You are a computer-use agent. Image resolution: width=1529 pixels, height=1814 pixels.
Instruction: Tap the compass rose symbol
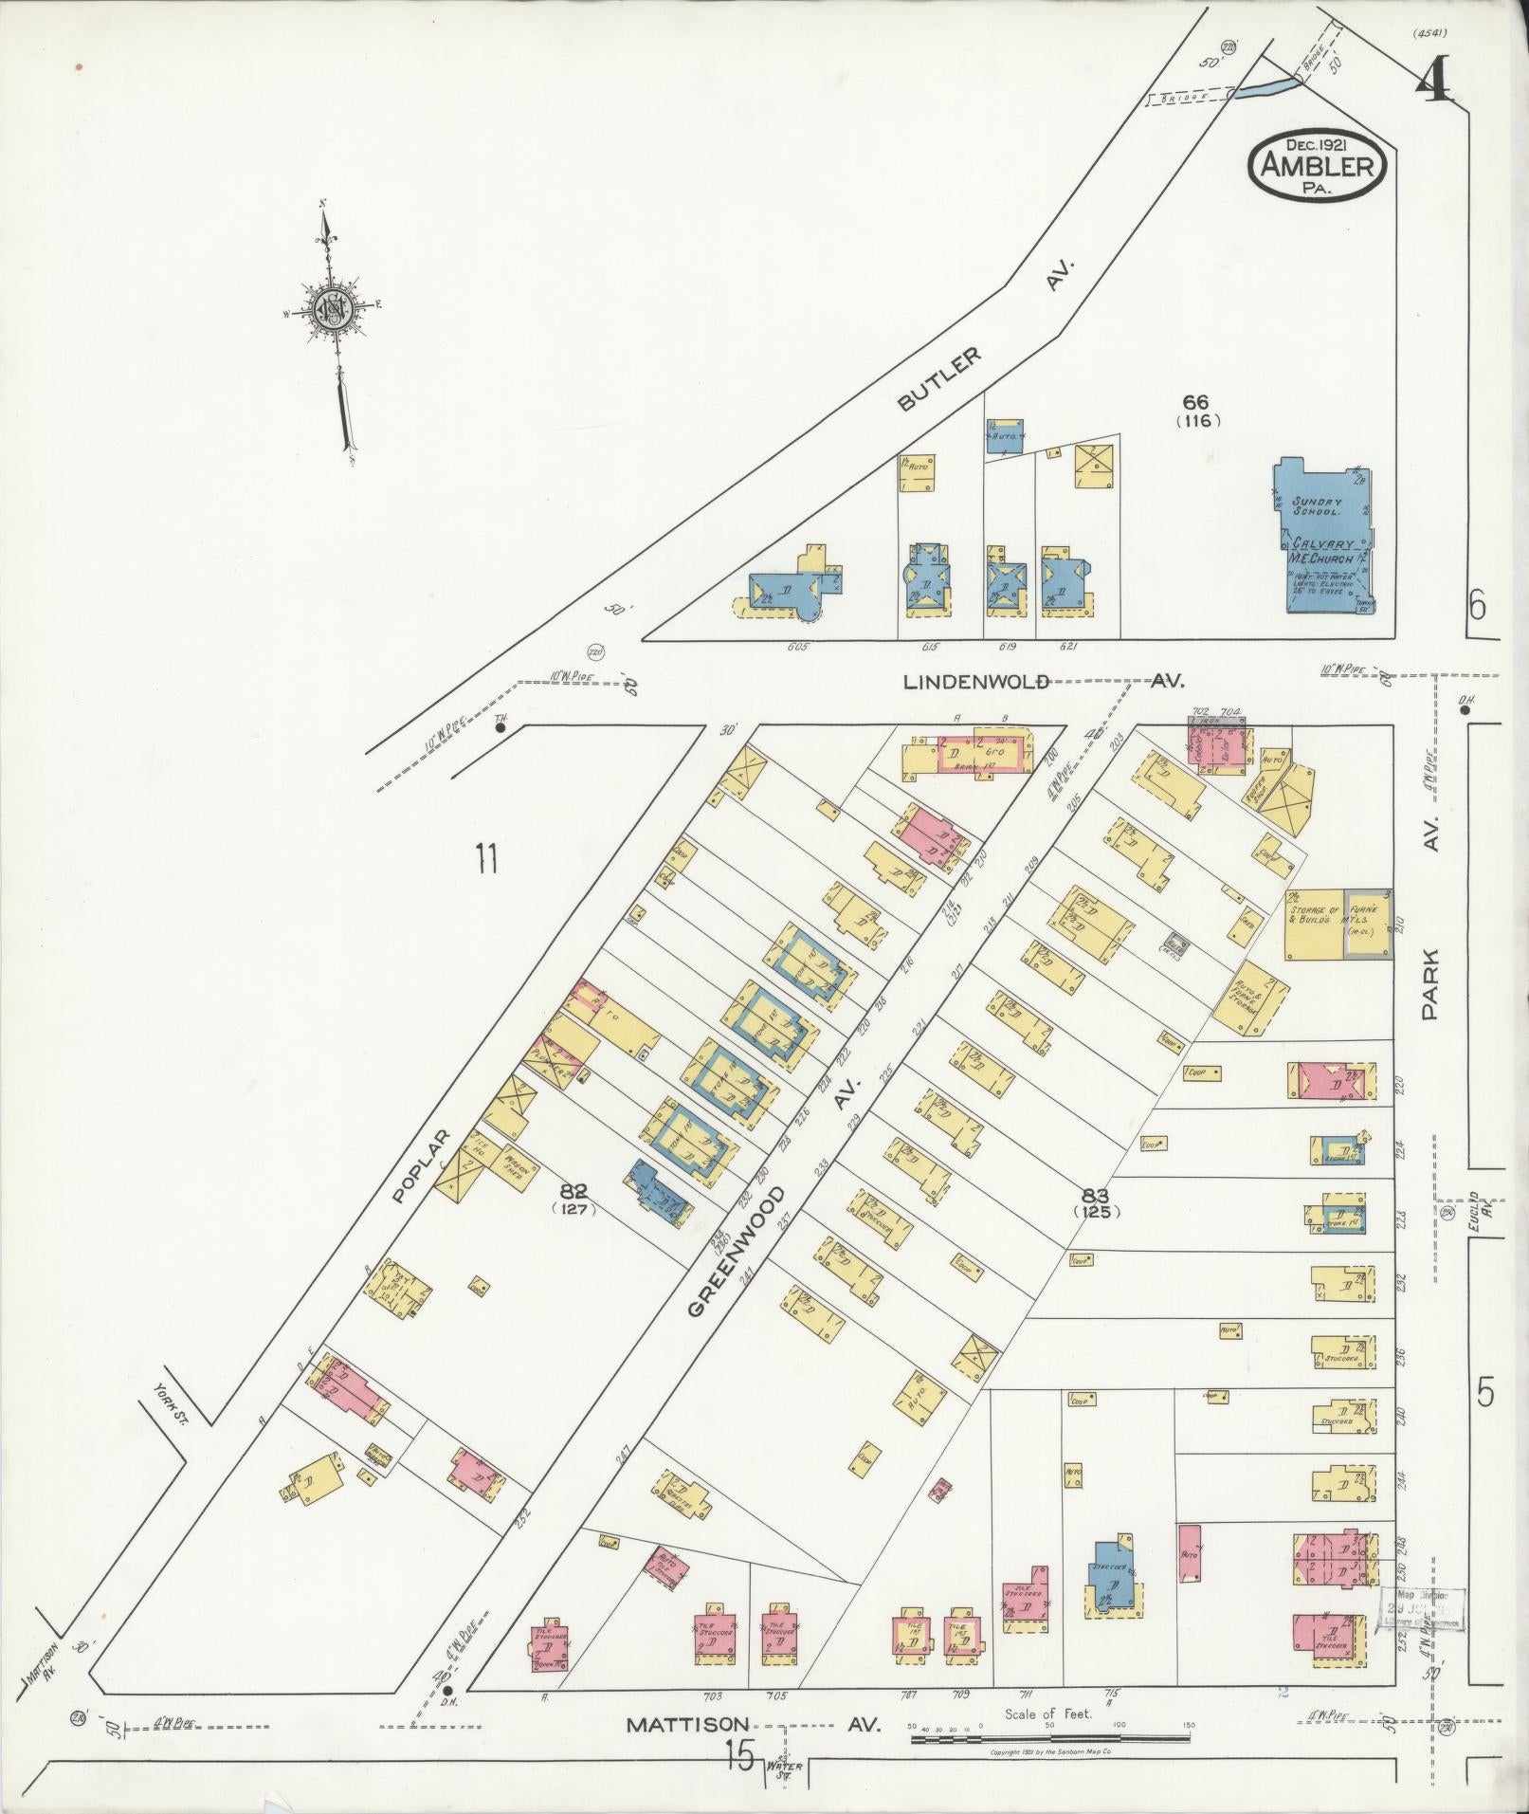334,308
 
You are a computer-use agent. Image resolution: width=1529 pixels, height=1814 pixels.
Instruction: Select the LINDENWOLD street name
976,682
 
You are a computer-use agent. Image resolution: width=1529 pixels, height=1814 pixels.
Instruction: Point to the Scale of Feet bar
1049,1738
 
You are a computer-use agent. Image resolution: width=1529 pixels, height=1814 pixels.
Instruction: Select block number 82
573,1191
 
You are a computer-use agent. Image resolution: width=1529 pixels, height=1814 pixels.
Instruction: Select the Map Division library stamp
1420,1608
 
